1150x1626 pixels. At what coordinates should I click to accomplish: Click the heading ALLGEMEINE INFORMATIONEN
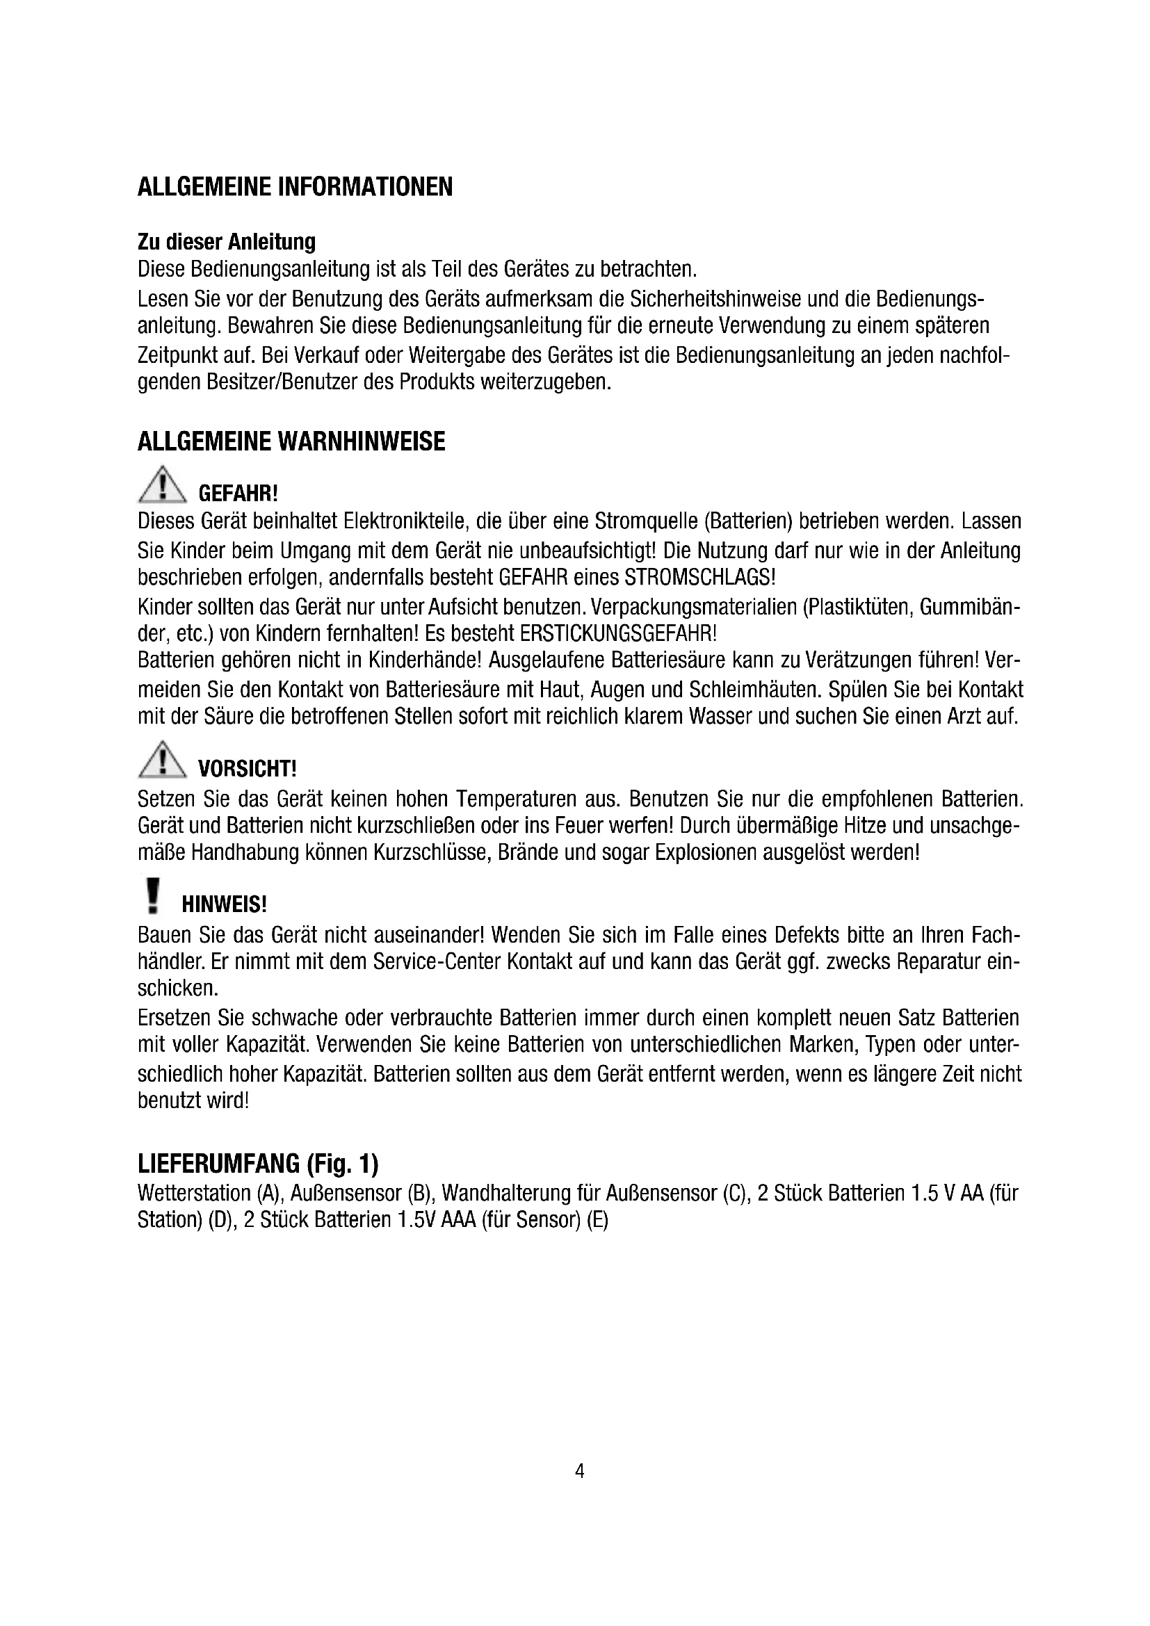click(x=295, y=187)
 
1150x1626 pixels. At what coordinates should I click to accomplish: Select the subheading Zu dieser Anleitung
click(x=227, y=242)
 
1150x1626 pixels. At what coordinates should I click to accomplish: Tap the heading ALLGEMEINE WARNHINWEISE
click(x=291, y=441)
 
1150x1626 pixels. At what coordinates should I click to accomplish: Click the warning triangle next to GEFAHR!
click(x=162, y=485)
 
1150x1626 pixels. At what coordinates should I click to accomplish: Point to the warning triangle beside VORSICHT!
click(x=162, y=761)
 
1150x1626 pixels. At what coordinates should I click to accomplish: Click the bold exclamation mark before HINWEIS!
click(x=152, y=896)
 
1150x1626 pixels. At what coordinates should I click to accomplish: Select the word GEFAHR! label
click(x=238, y=493)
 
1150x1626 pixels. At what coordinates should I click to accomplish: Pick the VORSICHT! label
click(x=247, y=768)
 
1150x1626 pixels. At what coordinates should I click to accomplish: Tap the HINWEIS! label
click(x=224, y=904)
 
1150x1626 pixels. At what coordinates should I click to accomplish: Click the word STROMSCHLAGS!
click(x=699, y=577)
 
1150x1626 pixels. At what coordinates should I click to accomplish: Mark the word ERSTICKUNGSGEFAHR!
click(x=618, y=632)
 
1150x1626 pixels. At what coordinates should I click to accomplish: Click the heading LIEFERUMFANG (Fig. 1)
click(x=258, y=1164)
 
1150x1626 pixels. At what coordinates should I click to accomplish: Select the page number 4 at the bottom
click(x=579, y=1472)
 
